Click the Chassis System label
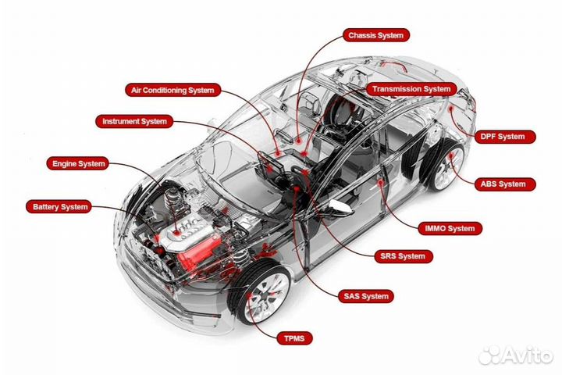click(376, 35)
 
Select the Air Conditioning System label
click(173, 90)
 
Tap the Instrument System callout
click(134, 121)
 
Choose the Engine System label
click(78, 163)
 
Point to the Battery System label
click(59, 207)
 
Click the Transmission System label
click(411, 89)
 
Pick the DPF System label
click(505, 137)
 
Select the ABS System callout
click(505, 184)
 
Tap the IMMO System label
click(450, 228)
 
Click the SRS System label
click(404, 256)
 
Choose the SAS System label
click(366, 296)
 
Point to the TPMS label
click(294, 338)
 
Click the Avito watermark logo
click(515, 355)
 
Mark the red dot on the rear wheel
click(451, 155)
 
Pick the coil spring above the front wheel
click(241, 255)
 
